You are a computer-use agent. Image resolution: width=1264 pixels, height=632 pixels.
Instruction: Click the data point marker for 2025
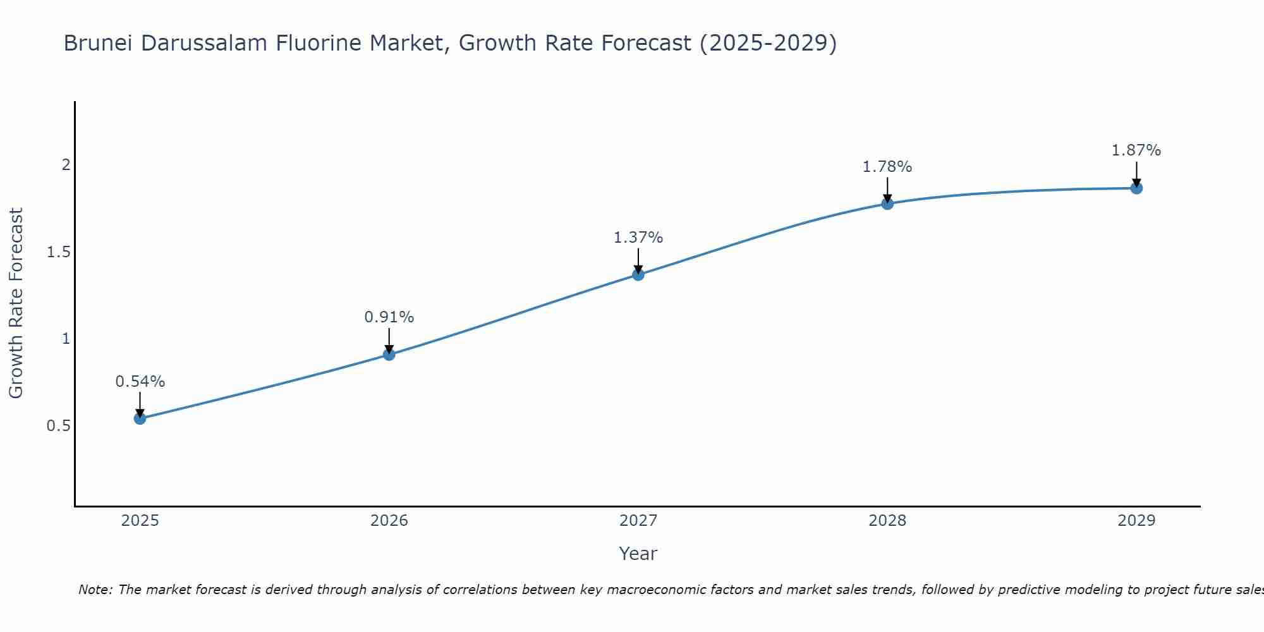pyautogui.click(x=140, y=418)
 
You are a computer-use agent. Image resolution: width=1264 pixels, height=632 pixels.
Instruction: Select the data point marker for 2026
pyautogui.click(x=389, y=355)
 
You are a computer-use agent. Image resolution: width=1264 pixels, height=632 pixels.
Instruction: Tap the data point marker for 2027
pyautogui.click(x=638, y=274)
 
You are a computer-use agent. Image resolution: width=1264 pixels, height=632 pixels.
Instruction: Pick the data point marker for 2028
pyautogui.click(x=887, y=204)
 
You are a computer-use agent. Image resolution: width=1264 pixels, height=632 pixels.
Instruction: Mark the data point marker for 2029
pyautogui.click(x=1136, y=188)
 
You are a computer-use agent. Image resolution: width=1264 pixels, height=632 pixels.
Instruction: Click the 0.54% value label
pyautogui.click(x=140, y=382)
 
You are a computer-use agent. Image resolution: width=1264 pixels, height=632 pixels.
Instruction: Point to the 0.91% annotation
pyautogui.click(x=389, y=317)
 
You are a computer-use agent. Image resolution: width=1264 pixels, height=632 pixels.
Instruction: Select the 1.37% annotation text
pyautogui.click(x=638, y=238)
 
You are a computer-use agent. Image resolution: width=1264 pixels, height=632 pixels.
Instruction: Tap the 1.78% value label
pyautogui.click(x=887, y=167)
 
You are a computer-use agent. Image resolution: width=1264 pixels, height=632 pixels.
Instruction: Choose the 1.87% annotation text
pyautogui.click(x=1136, y=150)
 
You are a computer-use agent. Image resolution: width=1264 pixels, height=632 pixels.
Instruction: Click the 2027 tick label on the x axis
pyautogui.click(x=638, y=521)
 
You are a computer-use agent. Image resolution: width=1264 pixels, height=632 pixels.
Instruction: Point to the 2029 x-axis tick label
pyautogui.click(x=1136, y=521)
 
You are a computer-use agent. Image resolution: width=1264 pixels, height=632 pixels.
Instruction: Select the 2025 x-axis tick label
pyautogui.click(x=140, y=521)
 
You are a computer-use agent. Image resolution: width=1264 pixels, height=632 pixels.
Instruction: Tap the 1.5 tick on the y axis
pyautogui.click(x=58, y=252)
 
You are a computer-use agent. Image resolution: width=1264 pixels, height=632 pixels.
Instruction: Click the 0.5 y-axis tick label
pyautogui.click(x=58, y=426)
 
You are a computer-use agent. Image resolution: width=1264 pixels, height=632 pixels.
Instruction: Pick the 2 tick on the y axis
pyautogui.click(x=66, y=165)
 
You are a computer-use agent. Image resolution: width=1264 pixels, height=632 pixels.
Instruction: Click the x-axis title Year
pyautogui.click(x=638, y=554)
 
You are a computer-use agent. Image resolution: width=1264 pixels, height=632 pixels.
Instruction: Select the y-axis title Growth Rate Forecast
pyautogui.click(x=16, y=303)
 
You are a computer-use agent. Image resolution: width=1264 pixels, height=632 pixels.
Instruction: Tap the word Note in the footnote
pyautogui.click(x=95, y=590)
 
